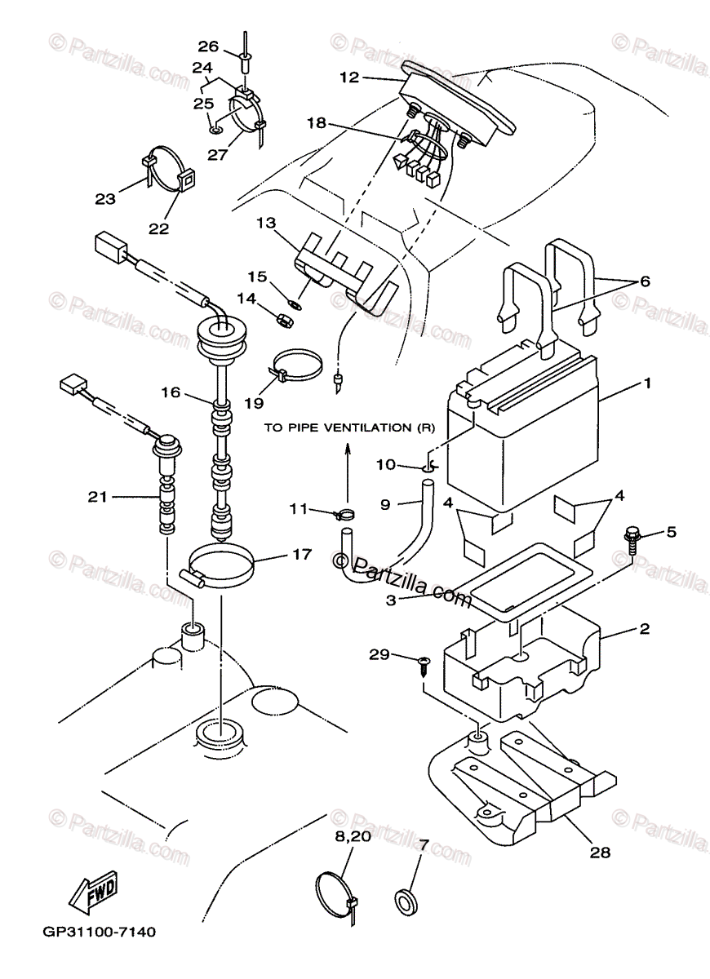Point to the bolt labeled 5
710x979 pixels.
(x=632, y=540)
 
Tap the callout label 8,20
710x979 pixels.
(x=353, y=836)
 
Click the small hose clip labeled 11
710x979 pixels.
(x=344, y=515)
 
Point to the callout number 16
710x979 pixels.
(x=171, y=392)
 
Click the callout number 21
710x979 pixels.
(x=97, y=497)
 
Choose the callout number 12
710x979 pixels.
(x=349, y=78)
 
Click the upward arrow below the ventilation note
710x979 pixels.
(x=348, y=474)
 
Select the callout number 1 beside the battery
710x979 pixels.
(x=647, y=383)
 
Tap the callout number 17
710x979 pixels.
(x=302, y=555)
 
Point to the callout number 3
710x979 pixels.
(x=391, y=600)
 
